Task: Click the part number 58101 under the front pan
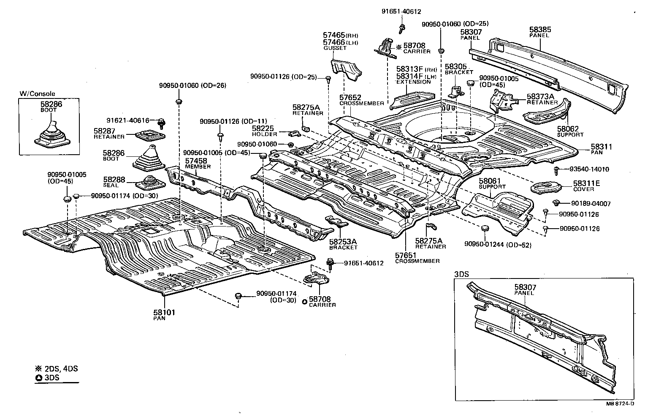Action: click(x=164, y=312)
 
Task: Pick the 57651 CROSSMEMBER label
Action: click(x=417, y=258)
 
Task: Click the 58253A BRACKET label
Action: click(x=343, y=244)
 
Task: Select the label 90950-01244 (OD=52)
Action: click(x=498, y=245)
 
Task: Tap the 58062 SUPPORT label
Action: click(x=570, y=131)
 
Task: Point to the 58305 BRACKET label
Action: click(x=458, y=69)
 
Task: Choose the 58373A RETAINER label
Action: click(x=542, y=99)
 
